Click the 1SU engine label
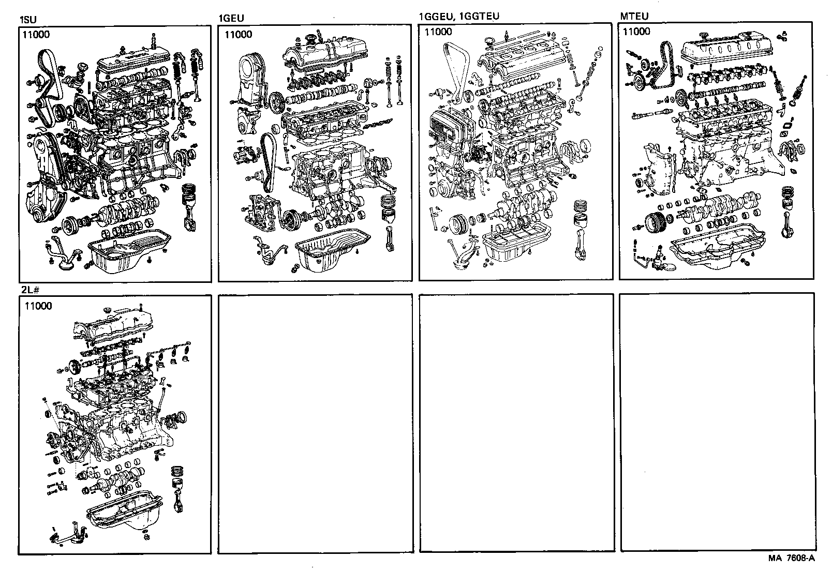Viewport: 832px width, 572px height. pyautogui.click(x=28, y=21)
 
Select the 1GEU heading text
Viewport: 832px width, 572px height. pyautogui.click(x=231, y=19)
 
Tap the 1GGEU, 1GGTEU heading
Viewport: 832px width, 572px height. pyautogui.click(x=458, y=16)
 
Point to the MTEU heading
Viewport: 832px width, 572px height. pyautogui.click(x=634, y=16)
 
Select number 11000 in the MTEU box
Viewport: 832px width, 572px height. pyautogui.click(x=636, y=32)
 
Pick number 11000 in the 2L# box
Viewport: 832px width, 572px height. pyautogui.click(x=38, y=306)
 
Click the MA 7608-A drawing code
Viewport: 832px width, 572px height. pyautogui.click(x=792, y=558)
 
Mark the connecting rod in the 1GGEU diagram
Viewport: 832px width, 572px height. pyautogui.click(x=581, y=243)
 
